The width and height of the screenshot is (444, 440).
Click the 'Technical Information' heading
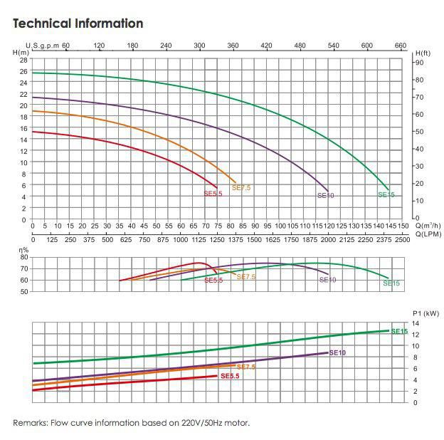pyautogui.click(x=78, y=23)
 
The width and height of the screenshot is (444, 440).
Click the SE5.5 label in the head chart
pyautogui.click(x=213, y=193)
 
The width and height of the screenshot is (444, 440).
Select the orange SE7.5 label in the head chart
pyautogui.click(x=242, y=187)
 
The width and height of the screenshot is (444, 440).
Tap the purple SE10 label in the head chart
pyautogui.click(x=325, y=195)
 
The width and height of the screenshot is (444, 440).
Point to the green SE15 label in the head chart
pyautogui.click(x=386, y=194)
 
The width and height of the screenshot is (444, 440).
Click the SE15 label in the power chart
pyautogui.click(x=399, y=331)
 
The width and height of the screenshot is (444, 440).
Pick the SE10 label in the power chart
pyautogui.click(x=337, y=352)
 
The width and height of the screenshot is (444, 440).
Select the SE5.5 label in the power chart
pyautogui.click(x=230, y=376)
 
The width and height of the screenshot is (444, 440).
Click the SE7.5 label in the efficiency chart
pyautogui.click(x=246, y=277)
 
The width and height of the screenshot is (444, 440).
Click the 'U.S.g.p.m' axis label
pyautogui.click(x=43, y=46)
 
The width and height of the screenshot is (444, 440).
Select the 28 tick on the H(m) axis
pyautogui.click(x=23, y=61)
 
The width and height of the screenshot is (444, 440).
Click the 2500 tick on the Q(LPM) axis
pyautogui.click(x=402, y=239)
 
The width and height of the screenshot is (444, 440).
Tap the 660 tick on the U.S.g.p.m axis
pyautogui.click(x=401, y=46)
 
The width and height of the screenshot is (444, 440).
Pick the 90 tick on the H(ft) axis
pyautogui.click(x=420, y=63)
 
